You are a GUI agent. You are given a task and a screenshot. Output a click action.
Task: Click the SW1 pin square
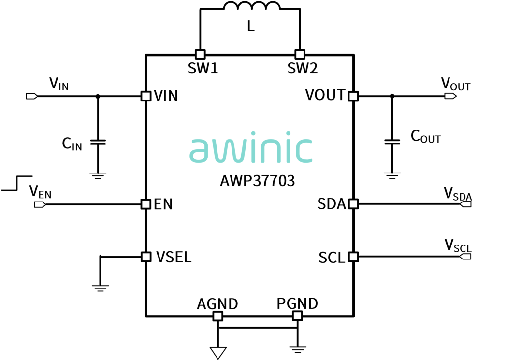pyautogui.click(x=200, y=54)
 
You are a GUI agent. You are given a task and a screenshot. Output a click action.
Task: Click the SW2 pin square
pyautogui.click(x=300, y=54)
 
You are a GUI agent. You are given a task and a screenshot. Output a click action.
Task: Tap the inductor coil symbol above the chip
pyautogui.click(x=252, y=6)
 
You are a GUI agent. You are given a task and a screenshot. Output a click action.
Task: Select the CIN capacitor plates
pyautogui.click(x=98, y=142)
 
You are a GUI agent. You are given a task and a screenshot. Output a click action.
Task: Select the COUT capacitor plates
pyautogui.click(x=392, y=142)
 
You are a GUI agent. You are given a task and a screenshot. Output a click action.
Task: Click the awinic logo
pyautogui.click(x=251, y=147)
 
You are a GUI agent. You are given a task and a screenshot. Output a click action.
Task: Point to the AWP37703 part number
pyautogui.click(x=257, y=181)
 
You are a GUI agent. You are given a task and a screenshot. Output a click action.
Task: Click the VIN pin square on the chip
pyautogui.click(x=146, y=96)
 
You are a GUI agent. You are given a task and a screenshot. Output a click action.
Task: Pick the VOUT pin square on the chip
pyautogui.click(x=353, y=96)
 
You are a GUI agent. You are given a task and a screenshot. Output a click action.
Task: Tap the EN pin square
pyautogui.click(x=146, y=204)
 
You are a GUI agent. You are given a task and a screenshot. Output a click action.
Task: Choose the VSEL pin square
pyautogui.click(x=146, y=257)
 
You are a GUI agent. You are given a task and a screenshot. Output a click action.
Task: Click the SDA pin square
pyautogui.click(x=353, y=203)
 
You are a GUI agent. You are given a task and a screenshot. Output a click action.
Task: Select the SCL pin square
pyautogui.click(x=353, y=257)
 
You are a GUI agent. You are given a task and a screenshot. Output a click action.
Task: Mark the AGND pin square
pyautogui.click(x=217, y=316)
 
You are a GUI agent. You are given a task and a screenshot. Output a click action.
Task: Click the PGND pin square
pyautogui.click(x=297, y=316)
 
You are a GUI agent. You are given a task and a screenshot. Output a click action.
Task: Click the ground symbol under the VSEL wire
pyautogui.click(x=100, y=288)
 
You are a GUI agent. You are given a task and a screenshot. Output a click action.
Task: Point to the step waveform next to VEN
pyautogui.click(x=17, y=183)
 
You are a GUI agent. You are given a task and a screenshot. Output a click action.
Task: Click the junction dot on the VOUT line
pyautogui.click(x=392, y=96)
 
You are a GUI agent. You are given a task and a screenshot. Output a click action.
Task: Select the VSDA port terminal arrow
pyautogui.click(x=465, y=204)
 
